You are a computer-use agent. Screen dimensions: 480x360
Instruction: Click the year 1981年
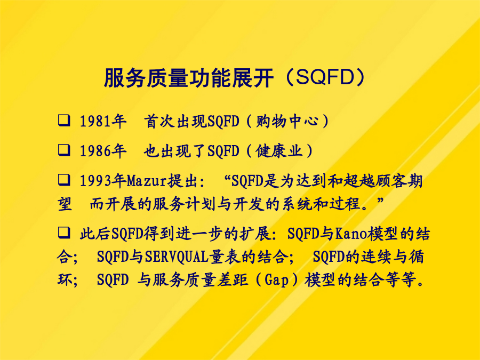(x=103, y=121)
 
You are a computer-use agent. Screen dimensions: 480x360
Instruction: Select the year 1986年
(x=103, y=151)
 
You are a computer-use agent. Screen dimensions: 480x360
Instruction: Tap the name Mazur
(x=147, y=181)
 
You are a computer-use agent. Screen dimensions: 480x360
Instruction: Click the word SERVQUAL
(x=177, y=257)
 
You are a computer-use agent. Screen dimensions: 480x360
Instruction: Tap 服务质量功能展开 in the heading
(x=189, y=78)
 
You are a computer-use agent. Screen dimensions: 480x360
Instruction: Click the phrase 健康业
(x=279, y=151)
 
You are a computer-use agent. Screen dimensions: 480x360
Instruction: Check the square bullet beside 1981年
(x=64, y=121)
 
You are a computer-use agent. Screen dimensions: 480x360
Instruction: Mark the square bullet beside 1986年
(x=64, y=150)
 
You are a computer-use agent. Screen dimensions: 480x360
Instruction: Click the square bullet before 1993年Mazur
(x=64, y=180)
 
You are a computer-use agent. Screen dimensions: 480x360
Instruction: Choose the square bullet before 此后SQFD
(x=64, y=233)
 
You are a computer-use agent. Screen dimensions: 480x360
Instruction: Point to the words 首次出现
(x=175, y=121)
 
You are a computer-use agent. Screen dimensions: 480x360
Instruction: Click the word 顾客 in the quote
(x=391, y=181)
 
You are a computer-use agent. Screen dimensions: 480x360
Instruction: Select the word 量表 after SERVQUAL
(x=225, y=257)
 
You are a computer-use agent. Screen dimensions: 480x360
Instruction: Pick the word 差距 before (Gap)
(x=233, y=280)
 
